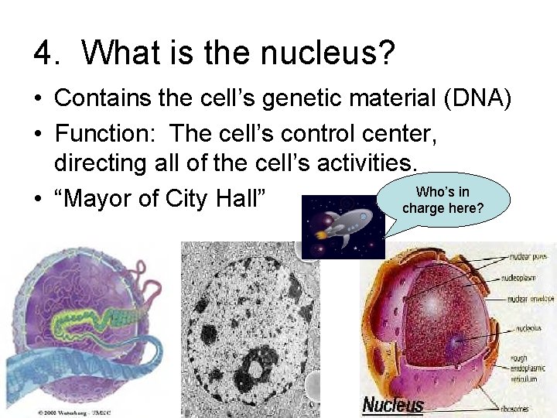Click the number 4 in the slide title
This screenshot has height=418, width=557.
[x=44, y=53]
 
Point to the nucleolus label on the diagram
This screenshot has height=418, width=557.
[x=528, y=328]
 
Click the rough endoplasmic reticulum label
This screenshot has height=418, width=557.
[x=530, y=368]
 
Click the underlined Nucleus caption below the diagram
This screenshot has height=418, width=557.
[x=393, y=404]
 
